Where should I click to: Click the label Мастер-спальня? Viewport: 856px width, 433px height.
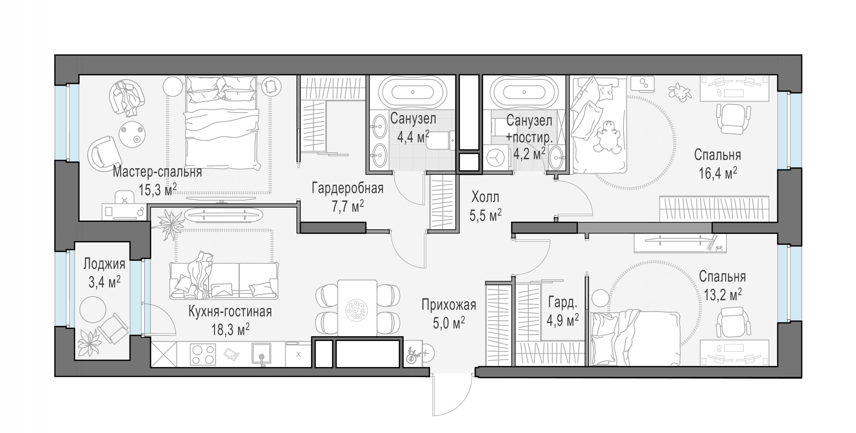[x=157, y=172]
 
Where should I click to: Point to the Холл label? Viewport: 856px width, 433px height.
[x=485, y=197]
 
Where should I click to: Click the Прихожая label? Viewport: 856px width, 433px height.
[x=449, y=305]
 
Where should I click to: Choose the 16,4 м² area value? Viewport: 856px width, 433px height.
[x=718, y=173]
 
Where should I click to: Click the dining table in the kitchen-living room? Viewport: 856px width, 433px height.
[x=357, y=308]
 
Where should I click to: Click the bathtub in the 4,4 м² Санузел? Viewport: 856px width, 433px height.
[x=413, y=92]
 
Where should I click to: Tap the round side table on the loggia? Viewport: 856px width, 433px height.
[x=93, y=309]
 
